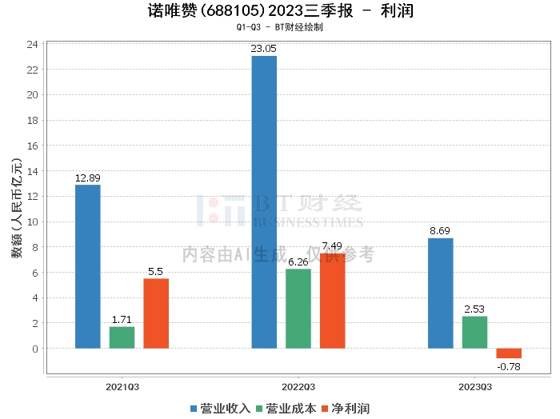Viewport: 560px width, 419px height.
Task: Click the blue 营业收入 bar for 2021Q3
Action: [87, 266]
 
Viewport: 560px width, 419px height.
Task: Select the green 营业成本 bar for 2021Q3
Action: [122, 337]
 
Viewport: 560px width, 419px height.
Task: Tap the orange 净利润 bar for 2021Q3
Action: [156, 313]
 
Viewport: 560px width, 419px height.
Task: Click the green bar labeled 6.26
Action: [298, 309]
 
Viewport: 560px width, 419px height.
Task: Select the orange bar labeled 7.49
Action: [333, 301]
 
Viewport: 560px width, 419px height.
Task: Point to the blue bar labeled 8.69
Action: [440, 293]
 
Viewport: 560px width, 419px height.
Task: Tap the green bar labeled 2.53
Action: [474, 333]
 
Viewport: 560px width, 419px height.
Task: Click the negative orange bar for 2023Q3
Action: [509, 353]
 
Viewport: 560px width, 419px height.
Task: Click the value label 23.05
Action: [264, 49]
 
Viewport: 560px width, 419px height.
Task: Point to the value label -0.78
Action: [509, 366]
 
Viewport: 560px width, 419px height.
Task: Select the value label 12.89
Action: [87, 178]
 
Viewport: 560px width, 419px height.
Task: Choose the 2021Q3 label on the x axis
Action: [122, 386]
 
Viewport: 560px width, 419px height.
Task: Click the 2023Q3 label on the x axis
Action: [475, 386]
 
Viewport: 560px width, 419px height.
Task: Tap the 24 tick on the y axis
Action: [32, 44]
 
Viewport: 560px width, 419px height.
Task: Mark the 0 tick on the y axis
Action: [35, 349]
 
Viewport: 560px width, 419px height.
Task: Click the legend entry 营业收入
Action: [221, 409]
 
